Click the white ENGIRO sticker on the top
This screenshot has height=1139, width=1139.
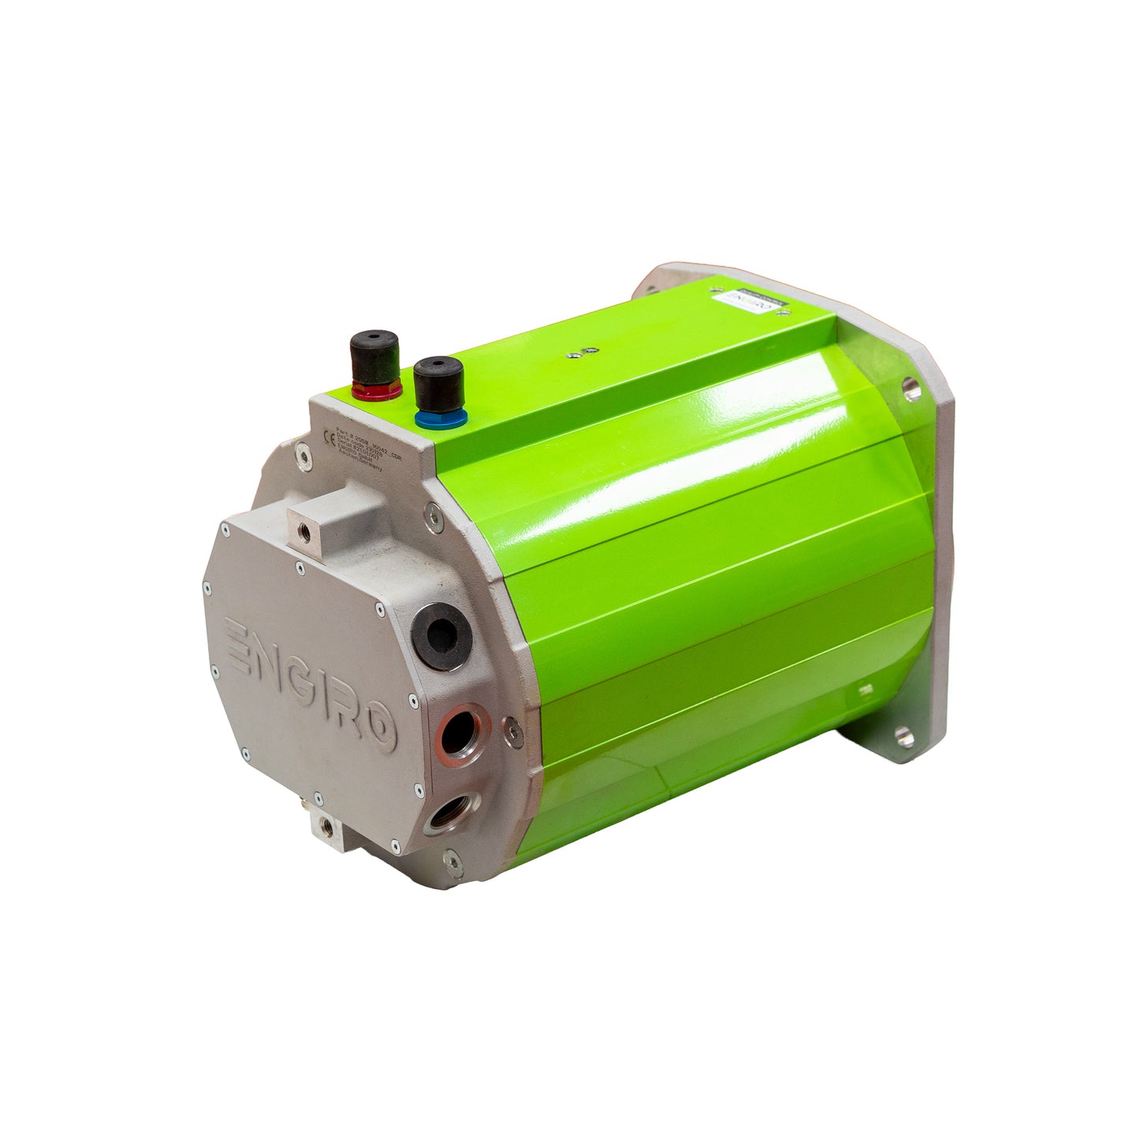pos(739,301)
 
